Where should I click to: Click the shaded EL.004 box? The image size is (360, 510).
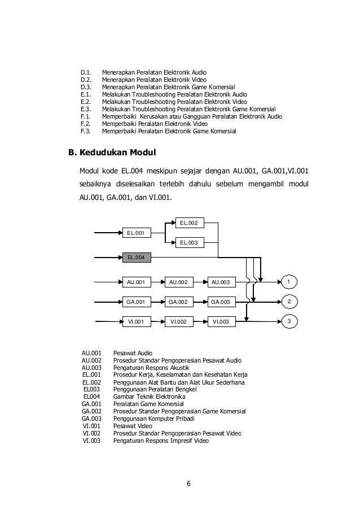click(137, 258)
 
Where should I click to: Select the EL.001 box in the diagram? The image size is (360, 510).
click(137, 232)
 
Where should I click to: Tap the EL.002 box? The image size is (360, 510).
click(188, 223)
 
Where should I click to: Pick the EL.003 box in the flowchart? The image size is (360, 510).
click(188, 243)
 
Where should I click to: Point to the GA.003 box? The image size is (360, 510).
click(220, 302)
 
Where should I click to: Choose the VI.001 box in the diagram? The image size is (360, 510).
click(137, 322)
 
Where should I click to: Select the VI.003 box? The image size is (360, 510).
click(220, 322)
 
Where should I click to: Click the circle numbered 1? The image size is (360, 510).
click(289, 281)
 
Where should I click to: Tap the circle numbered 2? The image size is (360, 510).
click(289, 302)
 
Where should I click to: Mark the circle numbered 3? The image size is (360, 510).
click(289, 322)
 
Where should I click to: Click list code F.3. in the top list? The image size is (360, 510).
click(86, 131)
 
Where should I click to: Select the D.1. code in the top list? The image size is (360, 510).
click(86, 72)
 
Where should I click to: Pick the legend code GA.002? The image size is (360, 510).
click(91, 411)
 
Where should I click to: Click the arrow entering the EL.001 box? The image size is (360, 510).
click(108, 232)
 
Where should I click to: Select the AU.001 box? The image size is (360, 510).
click(137, 281)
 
